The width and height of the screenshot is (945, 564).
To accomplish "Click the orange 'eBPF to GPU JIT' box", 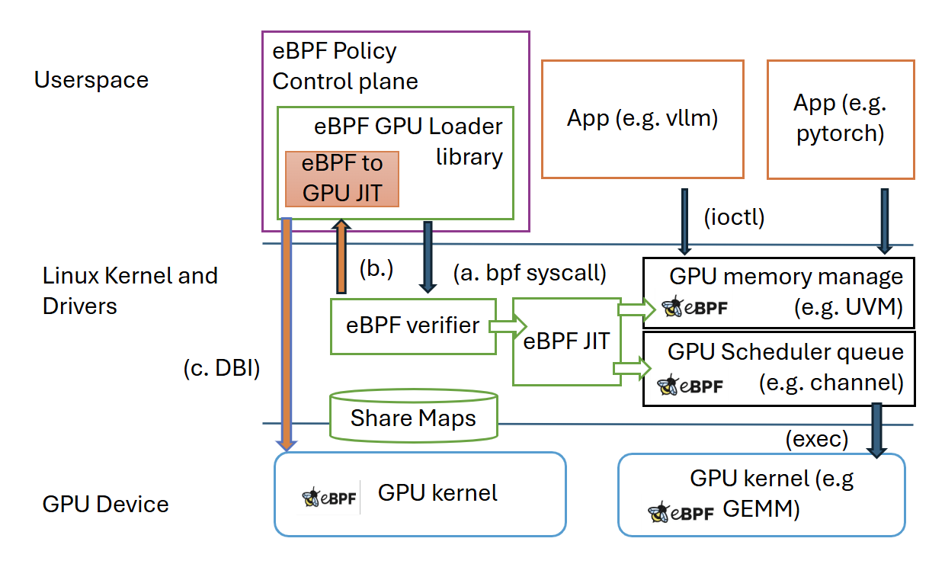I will pyautogui.click(x=342, y=178).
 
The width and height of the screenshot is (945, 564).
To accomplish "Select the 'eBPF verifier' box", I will pyautogui.click(x=413, y=326).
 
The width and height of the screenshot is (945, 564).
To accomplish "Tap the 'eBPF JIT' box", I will pyautogui.click(x=566, y=341).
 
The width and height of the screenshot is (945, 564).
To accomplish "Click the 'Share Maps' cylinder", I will pyautogui.click(x=413, y=418).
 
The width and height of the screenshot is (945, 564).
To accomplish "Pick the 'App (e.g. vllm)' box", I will pyautogui.click(x=642, y=119).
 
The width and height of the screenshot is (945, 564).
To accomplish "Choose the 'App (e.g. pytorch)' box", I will pyautogui.click(x=840, y=119).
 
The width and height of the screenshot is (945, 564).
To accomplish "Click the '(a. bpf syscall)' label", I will pyautogui.click(x=529, y=272).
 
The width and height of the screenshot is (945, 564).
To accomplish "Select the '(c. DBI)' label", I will pyautogui.click(x=222, y=369).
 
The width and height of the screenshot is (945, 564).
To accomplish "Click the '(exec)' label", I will pyautogui.click(x=816, y=440).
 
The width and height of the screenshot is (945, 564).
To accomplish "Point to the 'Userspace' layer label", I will pyautogui.click(x=91, y=79).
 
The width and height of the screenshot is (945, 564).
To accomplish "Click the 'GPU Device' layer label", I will pyautogui.click(x=106, y=504).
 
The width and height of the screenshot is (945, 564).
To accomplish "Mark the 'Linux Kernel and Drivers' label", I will pyautogui.click(x=130, y=290).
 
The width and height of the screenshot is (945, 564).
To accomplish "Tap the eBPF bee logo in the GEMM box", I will pyautogui.click(x=681, y=512).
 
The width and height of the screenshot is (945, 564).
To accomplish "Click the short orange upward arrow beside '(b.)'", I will pyautogui.click(x=341, y=256).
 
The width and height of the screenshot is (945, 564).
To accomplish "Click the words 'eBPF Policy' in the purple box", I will pyautogui.click(x=335, y=52).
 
